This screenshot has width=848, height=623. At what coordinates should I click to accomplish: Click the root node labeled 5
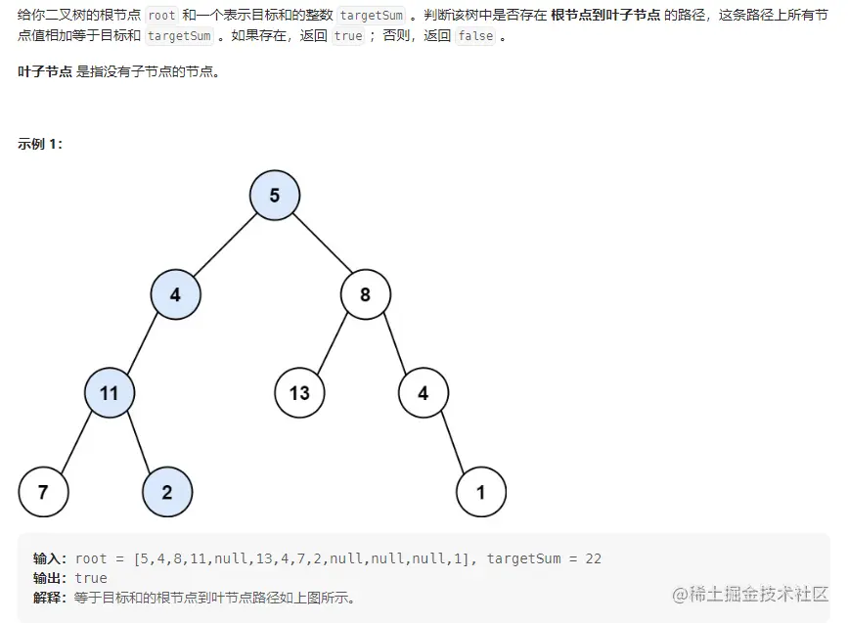[x=274, y=195]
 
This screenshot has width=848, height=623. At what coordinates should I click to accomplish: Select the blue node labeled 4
[x=175, y=293]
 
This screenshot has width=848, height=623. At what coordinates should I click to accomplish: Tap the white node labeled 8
[x=366, y=293]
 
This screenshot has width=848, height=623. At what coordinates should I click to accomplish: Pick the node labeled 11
[x=109, y=392]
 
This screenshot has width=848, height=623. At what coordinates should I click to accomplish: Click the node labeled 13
[x=299, y=392]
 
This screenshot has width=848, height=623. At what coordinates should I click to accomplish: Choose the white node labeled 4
[x=423, y=392]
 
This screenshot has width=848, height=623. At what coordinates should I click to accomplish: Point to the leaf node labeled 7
[x=43, y=492]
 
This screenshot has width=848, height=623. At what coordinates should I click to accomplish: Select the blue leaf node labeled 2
[x=167, y=492]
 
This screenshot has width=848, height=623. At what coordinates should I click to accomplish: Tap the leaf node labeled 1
[x=480, y=492]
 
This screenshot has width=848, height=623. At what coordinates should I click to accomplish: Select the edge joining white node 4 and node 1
[x=452, y=442]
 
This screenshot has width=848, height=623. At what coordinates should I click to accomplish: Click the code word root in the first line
[x=161, y=16]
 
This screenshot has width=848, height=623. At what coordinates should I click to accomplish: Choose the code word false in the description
[x=476, y=36]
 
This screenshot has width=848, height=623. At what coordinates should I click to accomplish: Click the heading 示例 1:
[x=40, y=144]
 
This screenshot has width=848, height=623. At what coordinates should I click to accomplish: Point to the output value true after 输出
[x=91, y=578]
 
